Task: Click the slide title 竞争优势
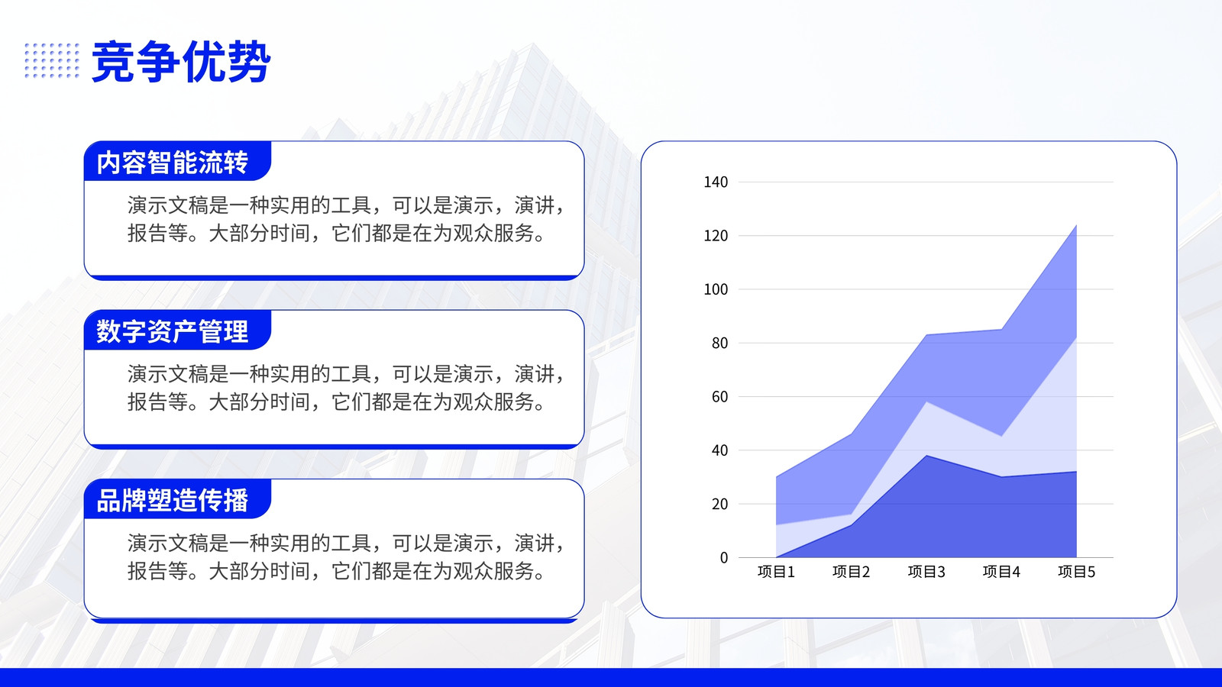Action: [x=180, y=62]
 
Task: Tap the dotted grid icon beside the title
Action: [x=52, y=60]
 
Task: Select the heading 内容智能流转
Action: [x=173, y=163]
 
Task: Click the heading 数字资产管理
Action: [x=173, y=331]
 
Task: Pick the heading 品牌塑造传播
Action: [x=173, y=501]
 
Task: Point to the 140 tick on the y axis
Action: [x=716, y=182]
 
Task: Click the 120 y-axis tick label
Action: [x=716, y=236]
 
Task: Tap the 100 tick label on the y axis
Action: [x=716, y=289]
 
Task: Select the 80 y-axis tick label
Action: [x=719, y=343]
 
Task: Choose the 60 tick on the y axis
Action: [x=719, y=397]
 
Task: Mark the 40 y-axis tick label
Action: [x=719, y=450]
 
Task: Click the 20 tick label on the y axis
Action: [x=719, y=505]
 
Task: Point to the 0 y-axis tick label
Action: [x=724, y=558]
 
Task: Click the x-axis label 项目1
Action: [x=776, y=572]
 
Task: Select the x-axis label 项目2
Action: [x=851, y=572]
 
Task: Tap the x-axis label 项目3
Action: [x=926, y=572]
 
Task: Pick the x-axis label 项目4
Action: [x=1001, y=572]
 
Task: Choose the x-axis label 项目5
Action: [x=1076, y=572]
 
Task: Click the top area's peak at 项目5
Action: [x=1076, y=226]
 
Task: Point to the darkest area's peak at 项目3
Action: [x=926, y=456]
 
